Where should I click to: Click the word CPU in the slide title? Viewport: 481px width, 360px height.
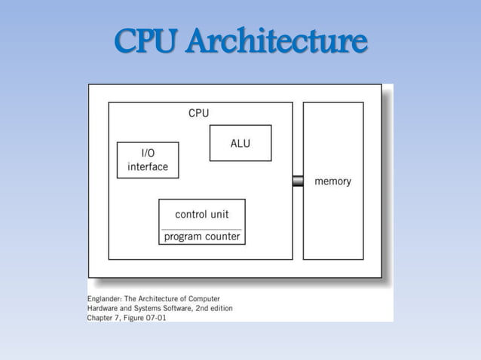(x=146, y=42)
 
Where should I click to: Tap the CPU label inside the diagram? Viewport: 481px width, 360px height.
(x=199, y=113)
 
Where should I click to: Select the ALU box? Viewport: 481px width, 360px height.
(x=240, y=143)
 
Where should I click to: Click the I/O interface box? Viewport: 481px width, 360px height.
(x=148, y=160)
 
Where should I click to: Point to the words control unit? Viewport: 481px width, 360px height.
(x=201, y=214)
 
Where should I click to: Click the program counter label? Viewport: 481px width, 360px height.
(x=202, y=236)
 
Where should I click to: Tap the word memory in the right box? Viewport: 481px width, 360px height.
(x=332, y=182)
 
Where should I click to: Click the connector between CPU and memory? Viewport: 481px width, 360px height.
(x=298, y=181)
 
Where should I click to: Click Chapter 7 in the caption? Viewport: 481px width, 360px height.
(x=106, y=317)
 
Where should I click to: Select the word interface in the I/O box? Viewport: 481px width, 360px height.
(x=148, y=166)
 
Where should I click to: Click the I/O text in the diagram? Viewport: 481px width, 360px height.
(x=148, y=153)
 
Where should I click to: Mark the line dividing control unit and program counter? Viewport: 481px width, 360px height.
(x=201, y=228)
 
